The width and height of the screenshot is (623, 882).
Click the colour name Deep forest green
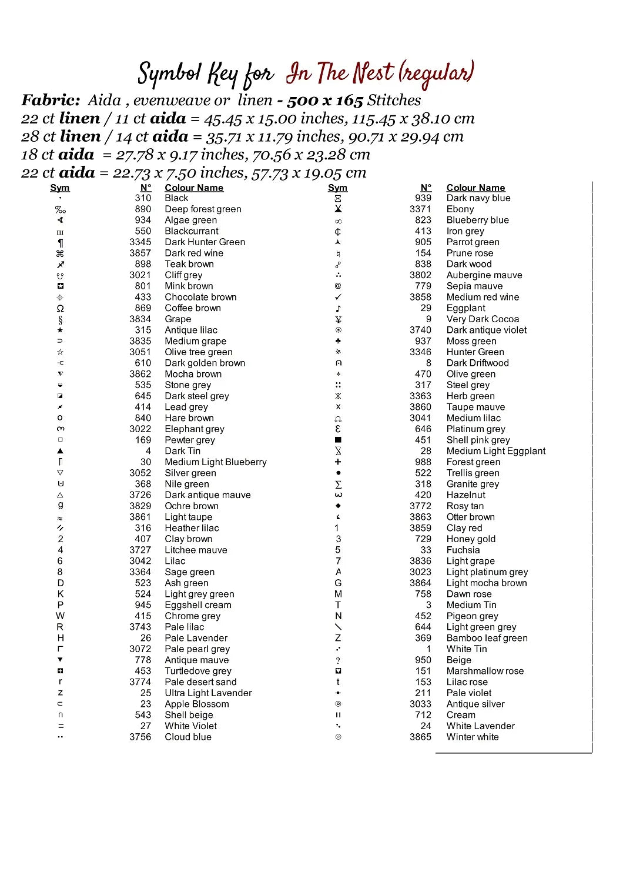[x=203, y=209]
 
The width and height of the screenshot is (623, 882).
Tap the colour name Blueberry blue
[x=477, y=220]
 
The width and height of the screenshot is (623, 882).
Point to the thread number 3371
[x=420, y=209]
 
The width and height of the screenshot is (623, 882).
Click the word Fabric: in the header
[x=51, y=101]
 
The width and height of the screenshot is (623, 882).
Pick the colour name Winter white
[x=472, y=737]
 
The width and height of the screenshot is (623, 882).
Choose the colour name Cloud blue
[x=187, y=737]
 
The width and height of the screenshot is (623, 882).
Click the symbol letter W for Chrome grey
[x=60, y=616]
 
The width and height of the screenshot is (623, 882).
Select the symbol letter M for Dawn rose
[x=338, y=594]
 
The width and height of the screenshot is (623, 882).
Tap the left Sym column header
[x=60, y=188]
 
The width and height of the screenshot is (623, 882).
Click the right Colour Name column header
[x=475, y=188]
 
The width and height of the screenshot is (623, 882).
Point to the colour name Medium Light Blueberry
[x=215, y=462]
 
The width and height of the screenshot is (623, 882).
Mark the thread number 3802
[x=420, y=275]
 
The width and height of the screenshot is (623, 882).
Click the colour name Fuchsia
[x=463, y=550]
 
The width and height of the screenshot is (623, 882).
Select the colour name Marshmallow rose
[x=485, y=671]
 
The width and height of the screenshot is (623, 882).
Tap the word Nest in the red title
[x=373, y=73]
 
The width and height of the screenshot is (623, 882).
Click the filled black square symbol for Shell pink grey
[x=338, y=440]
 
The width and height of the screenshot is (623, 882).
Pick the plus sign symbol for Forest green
[x=338, y=462]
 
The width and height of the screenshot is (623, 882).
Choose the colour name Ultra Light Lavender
[x=208, y=693]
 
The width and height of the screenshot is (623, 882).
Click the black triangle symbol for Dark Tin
[x=60, y=451]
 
